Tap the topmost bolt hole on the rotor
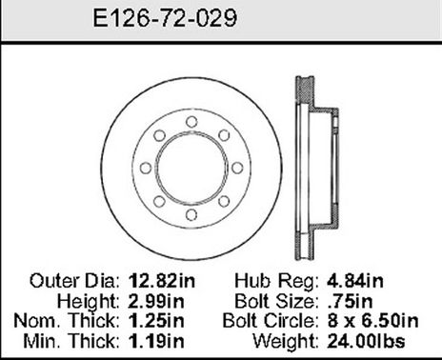click(x=191, y=121)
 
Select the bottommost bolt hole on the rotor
click(x=191, y=214)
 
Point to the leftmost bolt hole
click(x=144, y=168)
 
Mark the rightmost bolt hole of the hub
click(x=237, y=168)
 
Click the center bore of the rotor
click(x=191, y=168)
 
